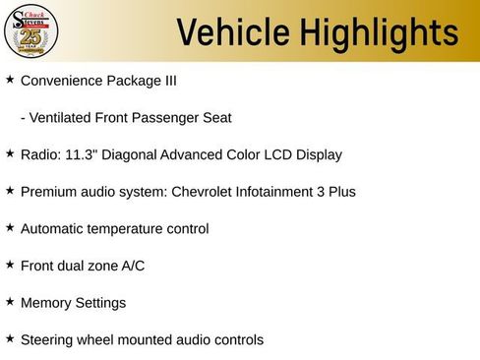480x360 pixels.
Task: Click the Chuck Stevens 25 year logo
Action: pyautogui.click(x=31, y=30)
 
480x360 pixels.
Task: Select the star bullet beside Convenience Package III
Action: pyautogui.click(x=10, y=79)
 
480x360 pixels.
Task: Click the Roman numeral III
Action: pyautogui.click(x=168, y=81)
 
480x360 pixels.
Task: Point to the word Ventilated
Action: pyautogui.click(x=65, y=118)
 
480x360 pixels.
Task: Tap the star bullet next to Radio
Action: pyautogui.click(x=10, y=153)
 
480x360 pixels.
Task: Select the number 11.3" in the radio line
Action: pyautogui.click(x=82, y=154)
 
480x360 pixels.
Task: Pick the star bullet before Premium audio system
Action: pyautogui.click(x=10, y=190)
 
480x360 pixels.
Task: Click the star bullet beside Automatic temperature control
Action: pyautogui.click(x=10, y=227)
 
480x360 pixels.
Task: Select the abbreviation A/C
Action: pyautogui.click(x=132, y=266)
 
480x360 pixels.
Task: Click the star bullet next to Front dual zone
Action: pyautogui.click(x=10, y=264)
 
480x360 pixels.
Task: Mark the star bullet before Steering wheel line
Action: pyautogui.click(x=10, y=338)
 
